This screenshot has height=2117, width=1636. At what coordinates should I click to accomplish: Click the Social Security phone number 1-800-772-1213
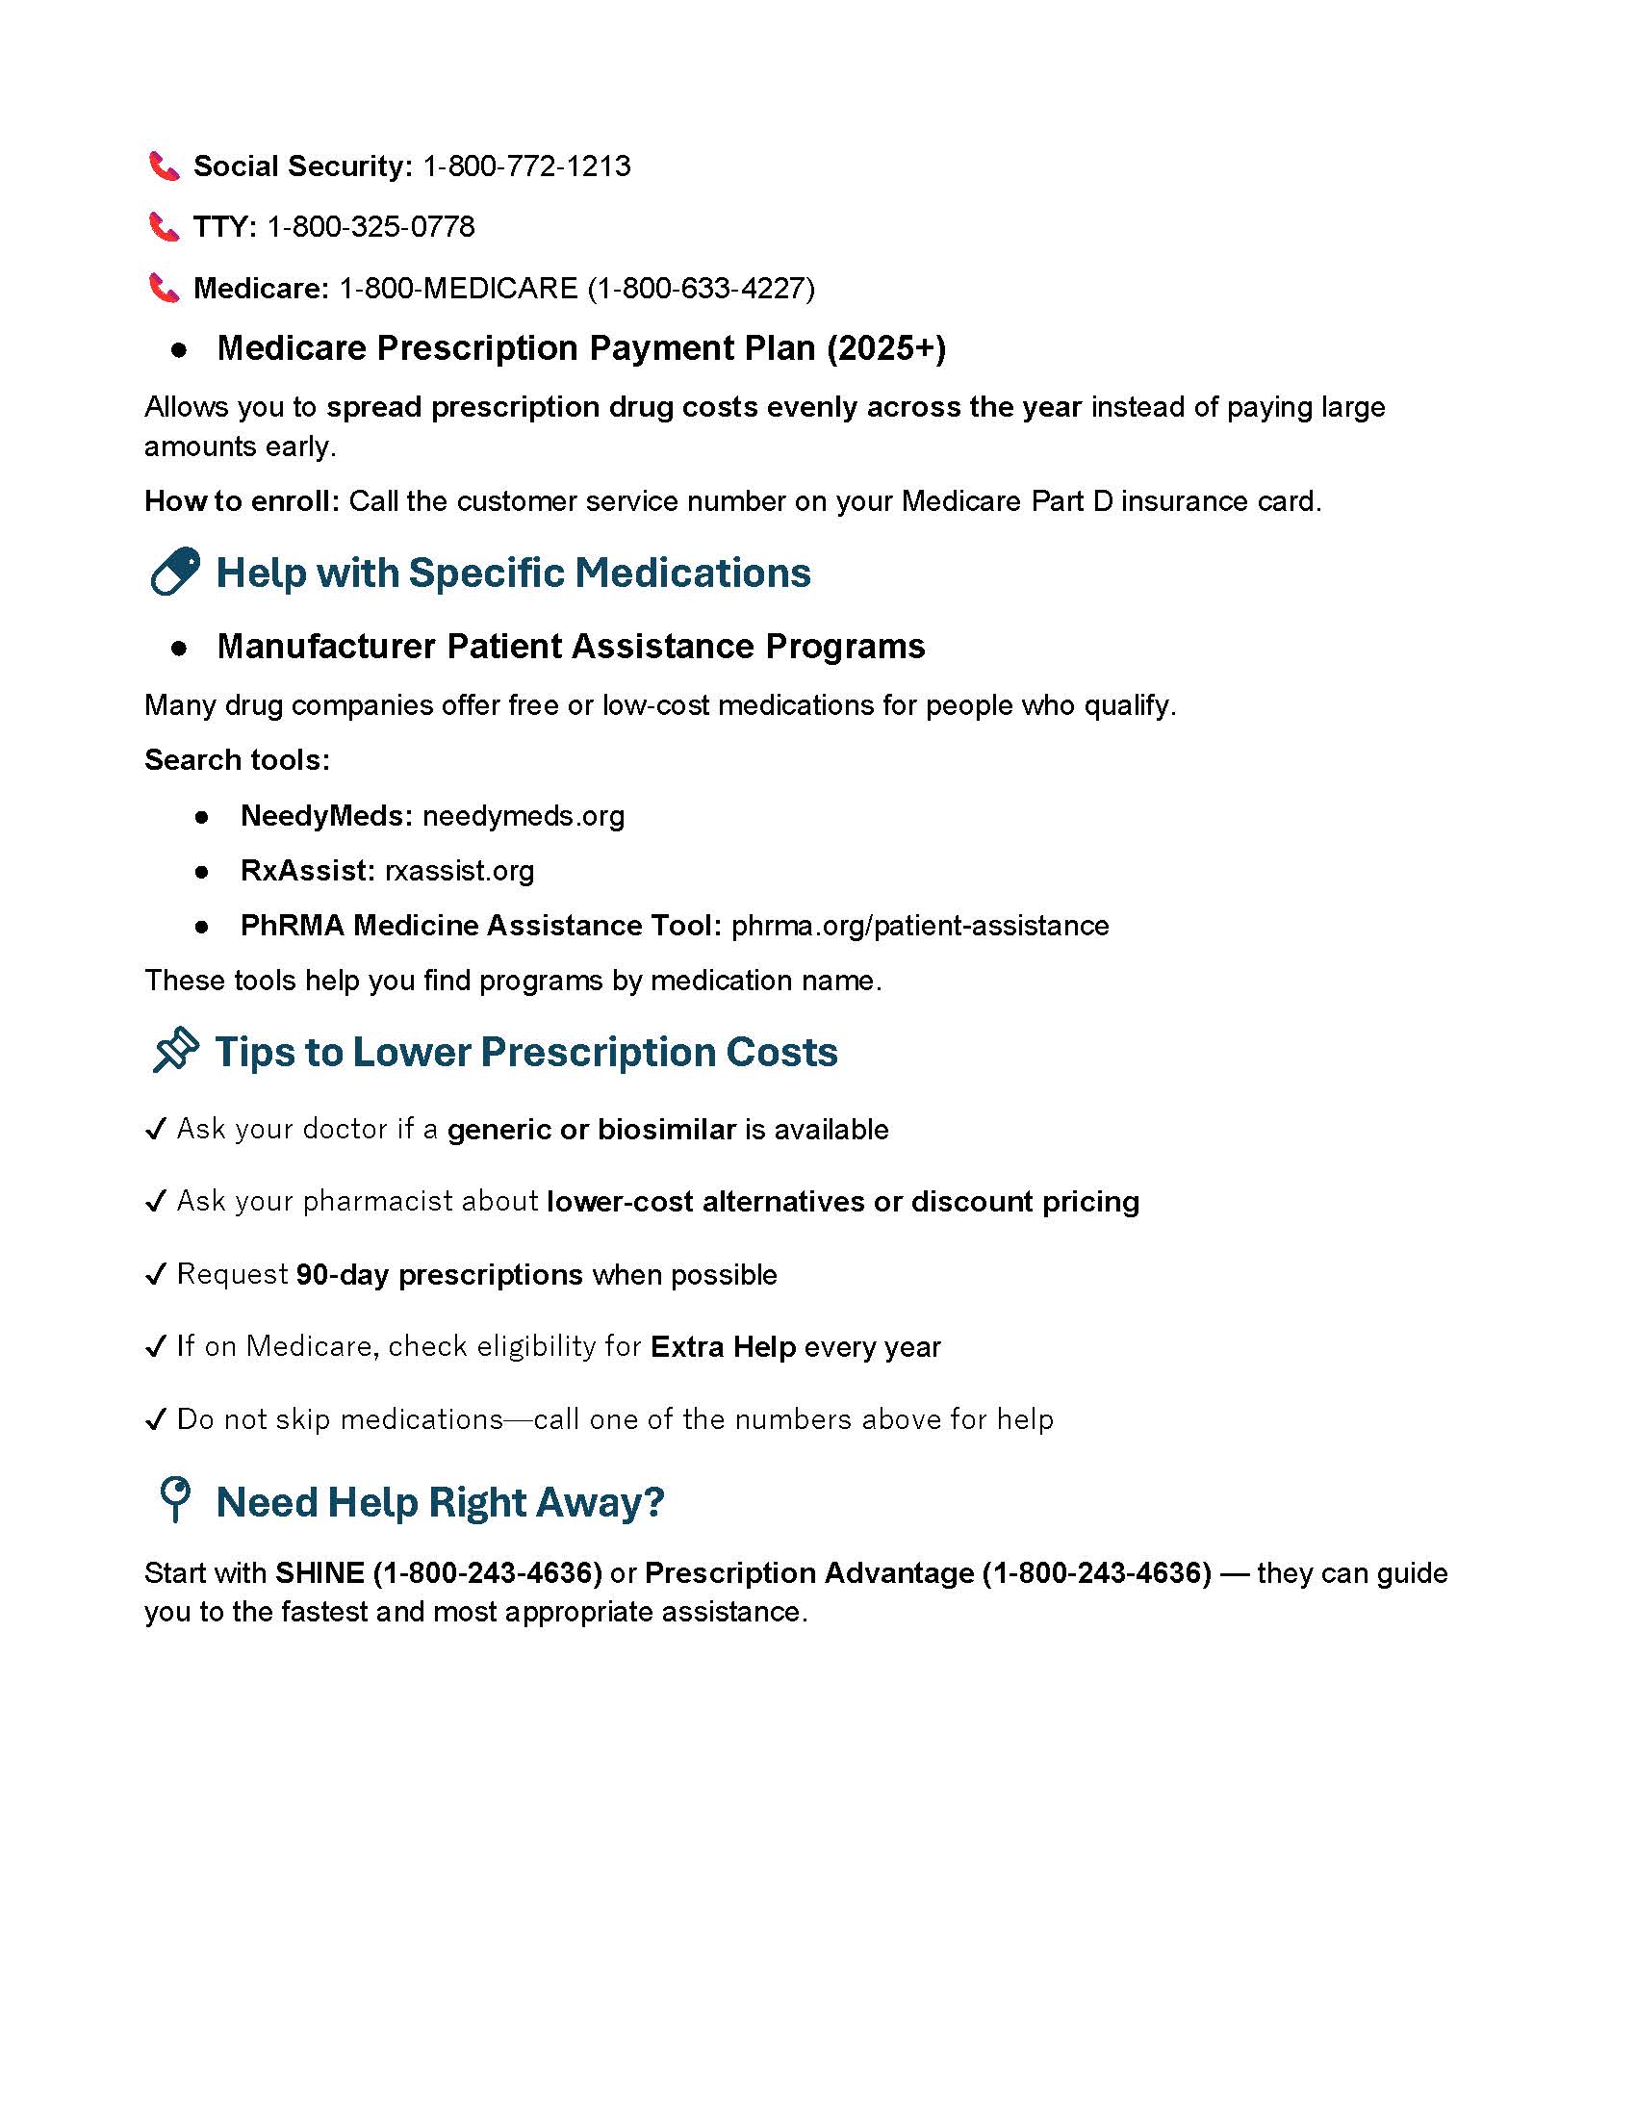[526, 166]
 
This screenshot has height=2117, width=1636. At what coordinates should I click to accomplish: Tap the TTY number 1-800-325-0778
[371, 227]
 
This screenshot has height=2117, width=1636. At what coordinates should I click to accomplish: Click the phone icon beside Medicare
[164, 288]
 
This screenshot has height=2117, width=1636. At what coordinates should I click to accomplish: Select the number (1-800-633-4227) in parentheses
[701, 288]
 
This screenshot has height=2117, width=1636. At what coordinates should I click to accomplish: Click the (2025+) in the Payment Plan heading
[885, 348]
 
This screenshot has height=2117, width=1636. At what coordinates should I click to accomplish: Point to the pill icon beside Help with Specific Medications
[174, 571]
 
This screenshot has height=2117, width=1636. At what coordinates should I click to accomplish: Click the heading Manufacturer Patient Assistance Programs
[571, 646]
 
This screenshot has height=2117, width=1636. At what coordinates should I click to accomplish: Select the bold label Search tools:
[238, 760]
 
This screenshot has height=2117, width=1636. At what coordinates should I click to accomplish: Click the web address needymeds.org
[524, 816]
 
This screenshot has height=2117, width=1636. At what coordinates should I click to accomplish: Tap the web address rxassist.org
[459, 871]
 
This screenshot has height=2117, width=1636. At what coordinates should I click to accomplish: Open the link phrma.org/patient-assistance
[920, 926]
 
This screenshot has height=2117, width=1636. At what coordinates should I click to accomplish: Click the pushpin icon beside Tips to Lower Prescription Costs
[175, 1051]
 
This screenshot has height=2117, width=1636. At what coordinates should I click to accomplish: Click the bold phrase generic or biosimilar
[591, 1130]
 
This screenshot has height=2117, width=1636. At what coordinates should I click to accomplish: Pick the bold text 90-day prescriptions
[439, 1274]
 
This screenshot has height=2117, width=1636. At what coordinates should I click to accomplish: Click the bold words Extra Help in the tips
[723, 1346]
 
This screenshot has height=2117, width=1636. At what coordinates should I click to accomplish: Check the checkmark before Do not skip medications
[155, 1420]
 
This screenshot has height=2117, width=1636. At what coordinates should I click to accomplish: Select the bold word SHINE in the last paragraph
[320, 1572]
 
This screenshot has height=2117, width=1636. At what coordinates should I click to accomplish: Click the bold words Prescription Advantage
[809, 1572]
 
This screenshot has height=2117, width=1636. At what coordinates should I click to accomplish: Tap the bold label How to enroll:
[243, 501]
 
